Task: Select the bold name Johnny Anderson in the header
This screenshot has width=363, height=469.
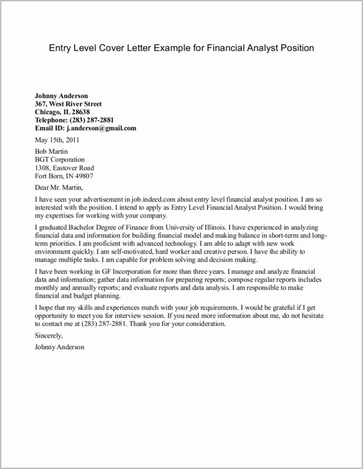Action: [x=61, y=96]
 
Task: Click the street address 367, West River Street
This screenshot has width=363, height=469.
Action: [x=68, y=104]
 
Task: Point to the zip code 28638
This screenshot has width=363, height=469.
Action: [x=81, y=112]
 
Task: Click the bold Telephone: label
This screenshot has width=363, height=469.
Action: [x=51, y=120]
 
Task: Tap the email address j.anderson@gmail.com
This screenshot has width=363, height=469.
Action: [x=101, y=128]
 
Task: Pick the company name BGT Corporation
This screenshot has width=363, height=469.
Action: [x=60, y=159]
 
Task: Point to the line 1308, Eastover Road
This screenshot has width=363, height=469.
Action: [x=65, y=168]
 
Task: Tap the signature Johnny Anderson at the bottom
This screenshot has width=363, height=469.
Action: [x=60, y=347]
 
